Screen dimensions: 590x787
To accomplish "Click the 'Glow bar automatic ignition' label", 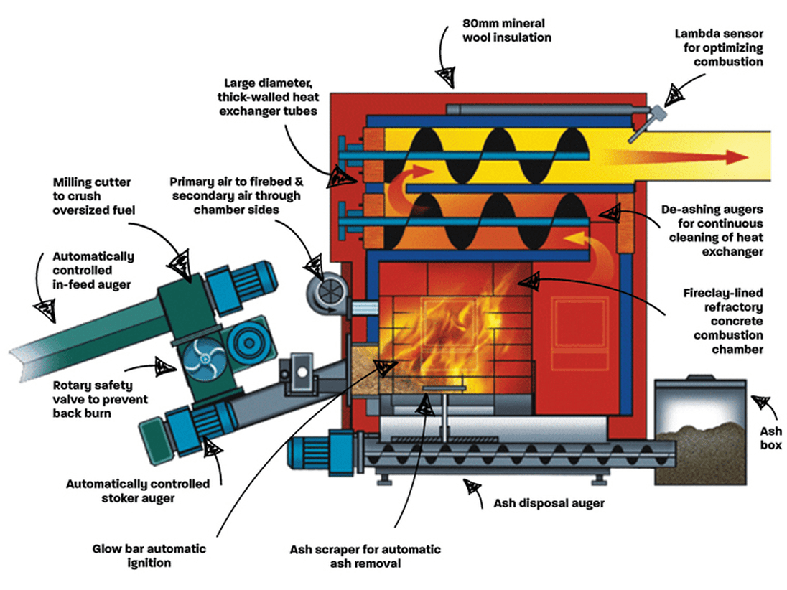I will click(149, 556).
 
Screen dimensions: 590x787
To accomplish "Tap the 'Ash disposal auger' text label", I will click(549, 503).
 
